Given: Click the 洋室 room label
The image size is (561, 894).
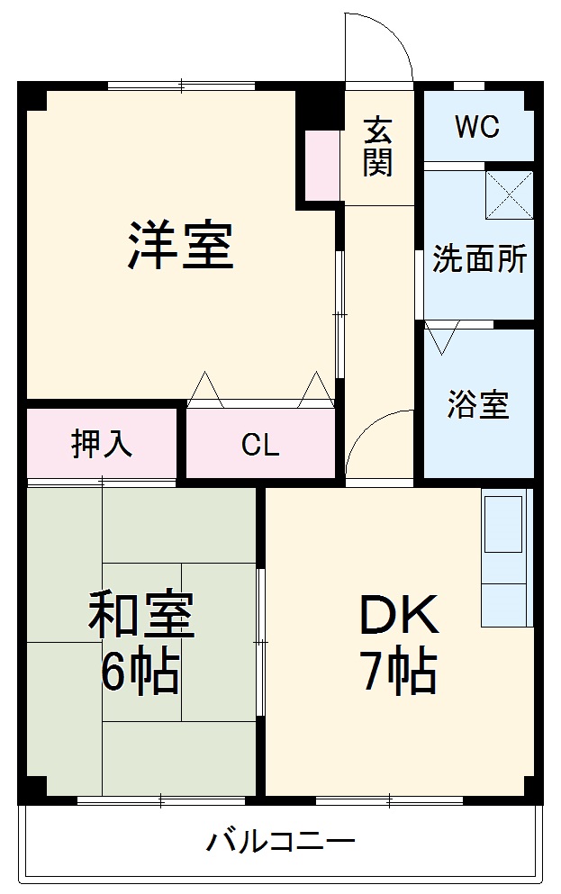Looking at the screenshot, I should point(180,245).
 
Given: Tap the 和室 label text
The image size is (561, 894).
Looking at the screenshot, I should point(140,616).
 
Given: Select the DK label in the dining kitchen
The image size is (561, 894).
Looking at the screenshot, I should point(399,616).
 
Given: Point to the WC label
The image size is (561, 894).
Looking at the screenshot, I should point(476,128).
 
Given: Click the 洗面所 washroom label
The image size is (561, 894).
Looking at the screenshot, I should point(479,259).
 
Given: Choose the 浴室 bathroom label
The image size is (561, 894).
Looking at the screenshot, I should point(478,405).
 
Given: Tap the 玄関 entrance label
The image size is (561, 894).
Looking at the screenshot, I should point(378,148).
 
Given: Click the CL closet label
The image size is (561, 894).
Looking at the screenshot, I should point(260,445).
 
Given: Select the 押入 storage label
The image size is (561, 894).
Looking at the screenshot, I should point(102,444).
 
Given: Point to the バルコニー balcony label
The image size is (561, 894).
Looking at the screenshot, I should point(281,844).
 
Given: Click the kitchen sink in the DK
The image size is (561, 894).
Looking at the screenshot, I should point(503,523).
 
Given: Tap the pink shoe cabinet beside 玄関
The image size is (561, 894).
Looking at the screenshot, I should point(321,166).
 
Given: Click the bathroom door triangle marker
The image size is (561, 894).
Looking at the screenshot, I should point(442,339).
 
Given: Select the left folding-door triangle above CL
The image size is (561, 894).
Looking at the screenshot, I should point(206,389).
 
